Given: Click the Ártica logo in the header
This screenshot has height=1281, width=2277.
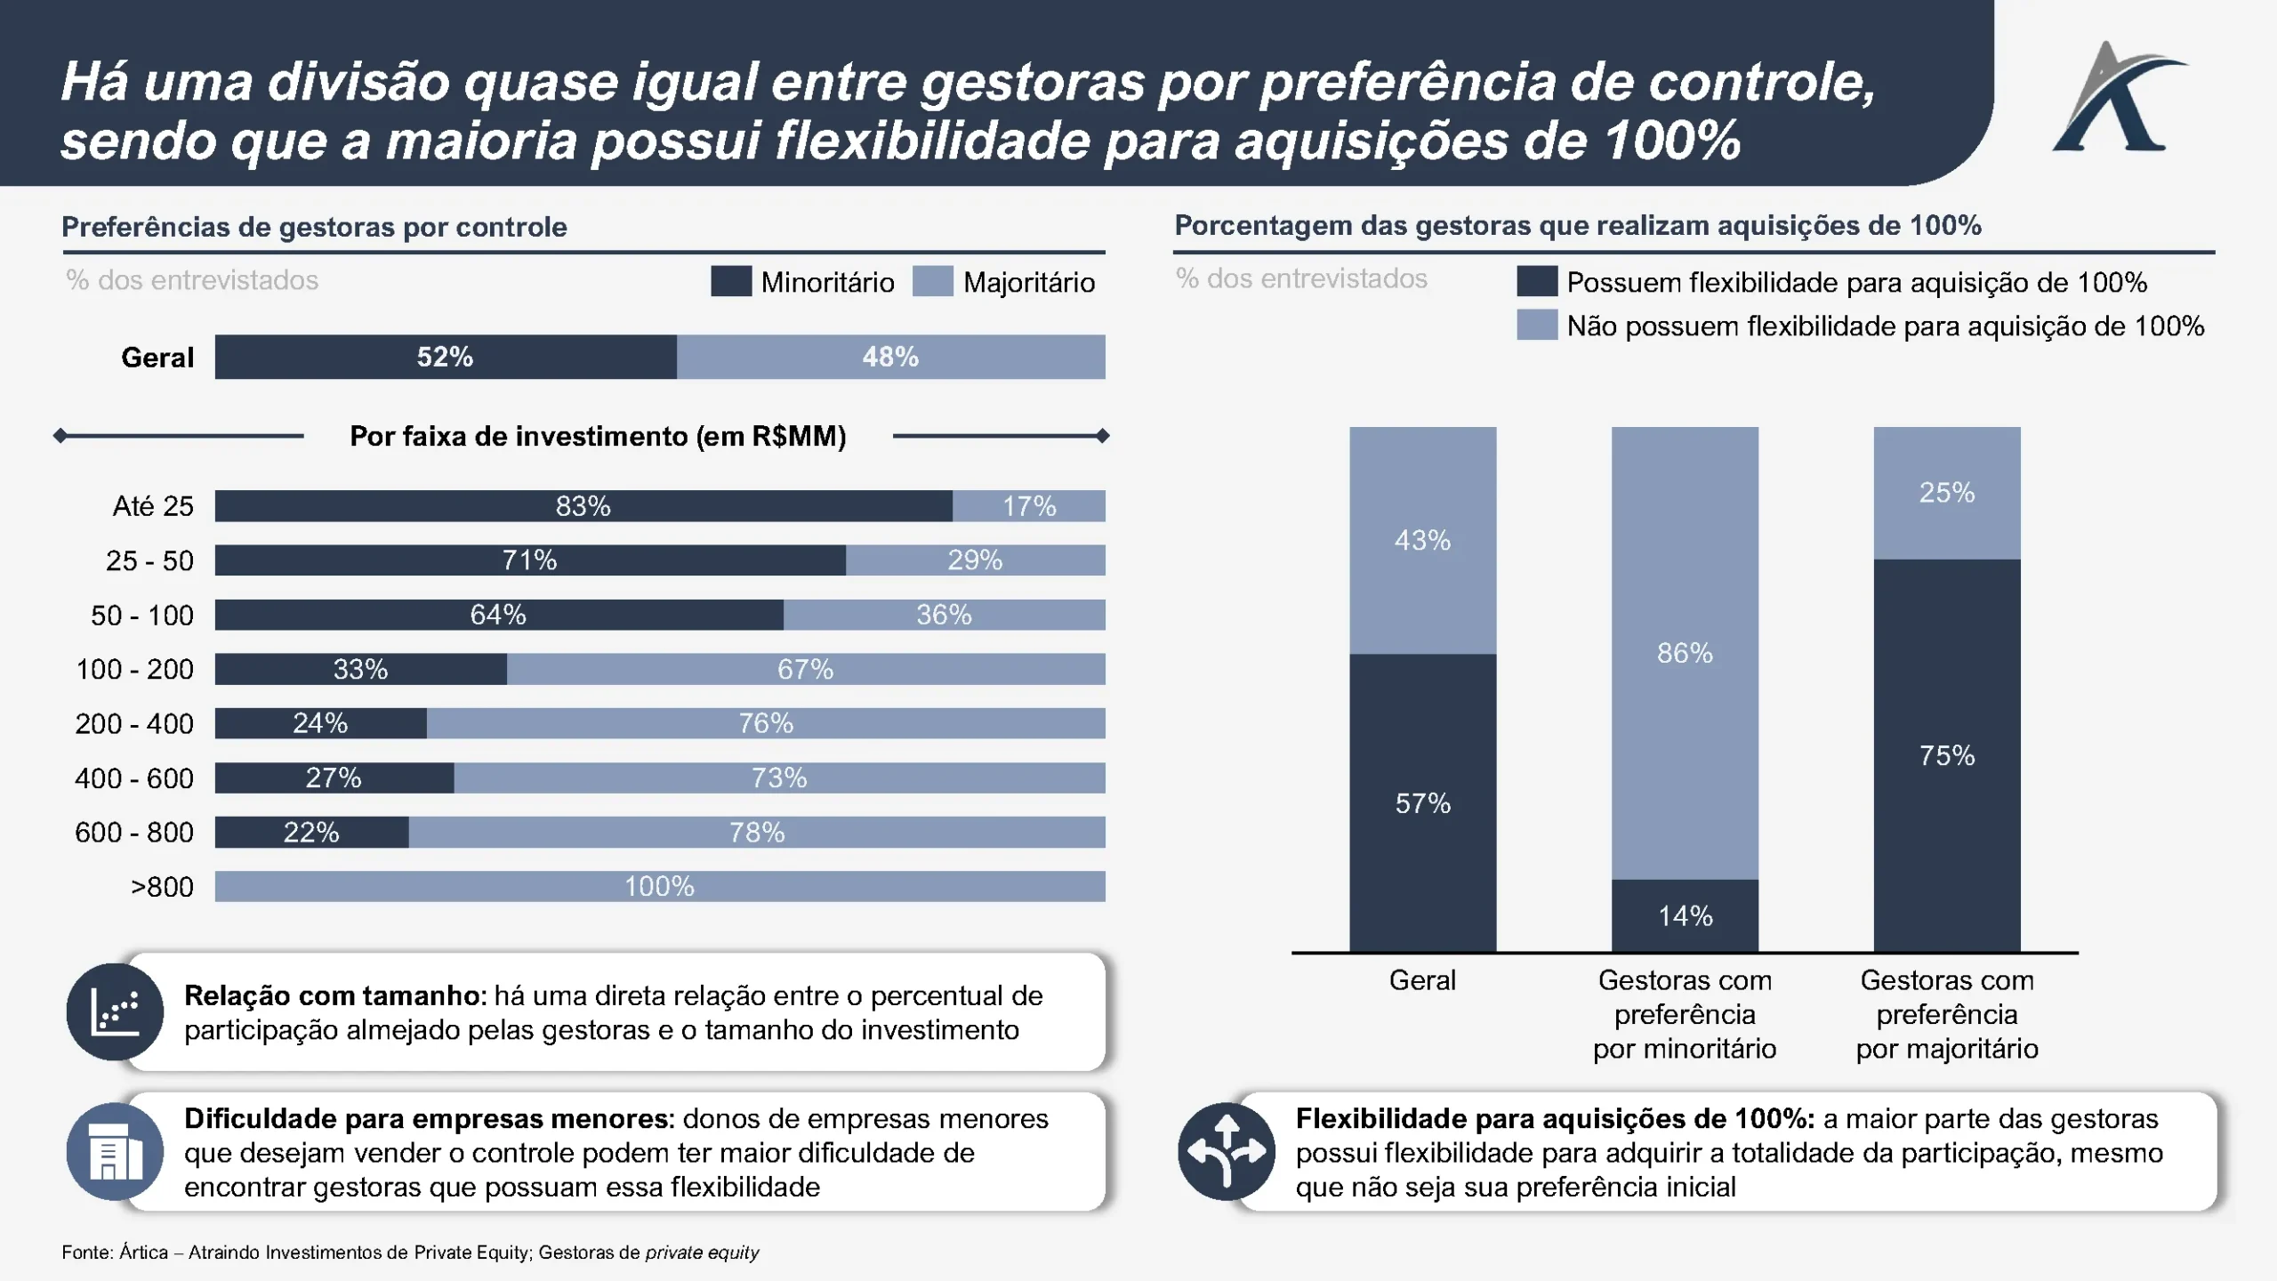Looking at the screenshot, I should coord(2117,98).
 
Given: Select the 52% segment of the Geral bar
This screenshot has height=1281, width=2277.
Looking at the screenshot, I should coord(445,357).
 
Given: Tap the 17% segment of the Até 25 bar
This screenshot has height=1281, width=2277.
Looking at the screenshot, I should coord(1029,506).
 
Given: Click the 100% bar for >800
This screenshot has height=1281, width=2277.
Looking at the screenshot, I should coord(660,886).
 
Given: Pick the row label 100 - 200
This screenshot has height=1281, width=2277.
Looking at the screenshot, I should coord(134,669).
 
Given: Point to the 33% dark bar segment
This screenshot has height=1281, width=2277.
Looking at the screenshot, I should coord(360,669).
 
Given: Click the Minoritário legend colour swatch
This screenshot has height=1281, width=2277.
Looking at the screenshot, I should coord(731,281).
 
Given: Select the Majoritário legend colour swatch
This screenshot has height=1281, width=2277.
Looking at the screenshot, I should coord(933,281).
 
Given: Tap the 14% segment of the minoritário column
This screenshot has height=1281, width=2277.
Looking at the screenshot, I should coord(1685,915).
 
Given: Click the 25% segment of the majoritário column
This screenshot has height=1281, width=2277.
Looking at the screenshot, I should coord(1947,492).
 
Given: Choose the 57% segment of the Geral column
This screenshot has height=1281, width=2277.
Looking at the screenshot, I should coord(1422,803).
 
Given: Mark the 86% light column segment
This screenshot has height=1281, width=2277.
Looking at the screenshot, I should coord(1685,653).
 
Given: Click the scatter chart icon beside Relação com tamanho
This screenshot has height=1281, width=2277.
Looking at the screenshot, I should coord(115,1012).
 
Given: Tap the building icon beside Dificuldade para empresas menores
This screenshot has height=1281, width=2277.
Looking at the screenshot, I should coord(115,1152).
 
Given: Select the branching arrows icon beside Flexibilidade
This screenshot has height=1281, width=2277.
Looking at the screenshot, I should coord(1227,1152).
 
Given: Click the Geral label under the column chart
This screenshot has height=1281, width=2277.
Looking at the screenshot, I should coord(1422,980).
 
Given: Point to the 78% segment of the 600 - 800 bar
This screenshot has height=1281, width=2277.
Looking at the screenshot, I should coord(757,833).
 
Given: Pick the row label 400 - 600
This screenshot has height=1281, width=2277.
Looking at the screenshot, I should coord(134,778).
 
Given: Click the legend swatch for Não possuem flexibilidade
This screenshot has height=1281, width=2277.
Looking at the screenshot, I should coord(1537,325).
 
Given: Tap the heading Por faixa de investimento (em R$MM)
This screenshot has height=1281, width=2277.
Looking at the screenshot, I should coord(598,436).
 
